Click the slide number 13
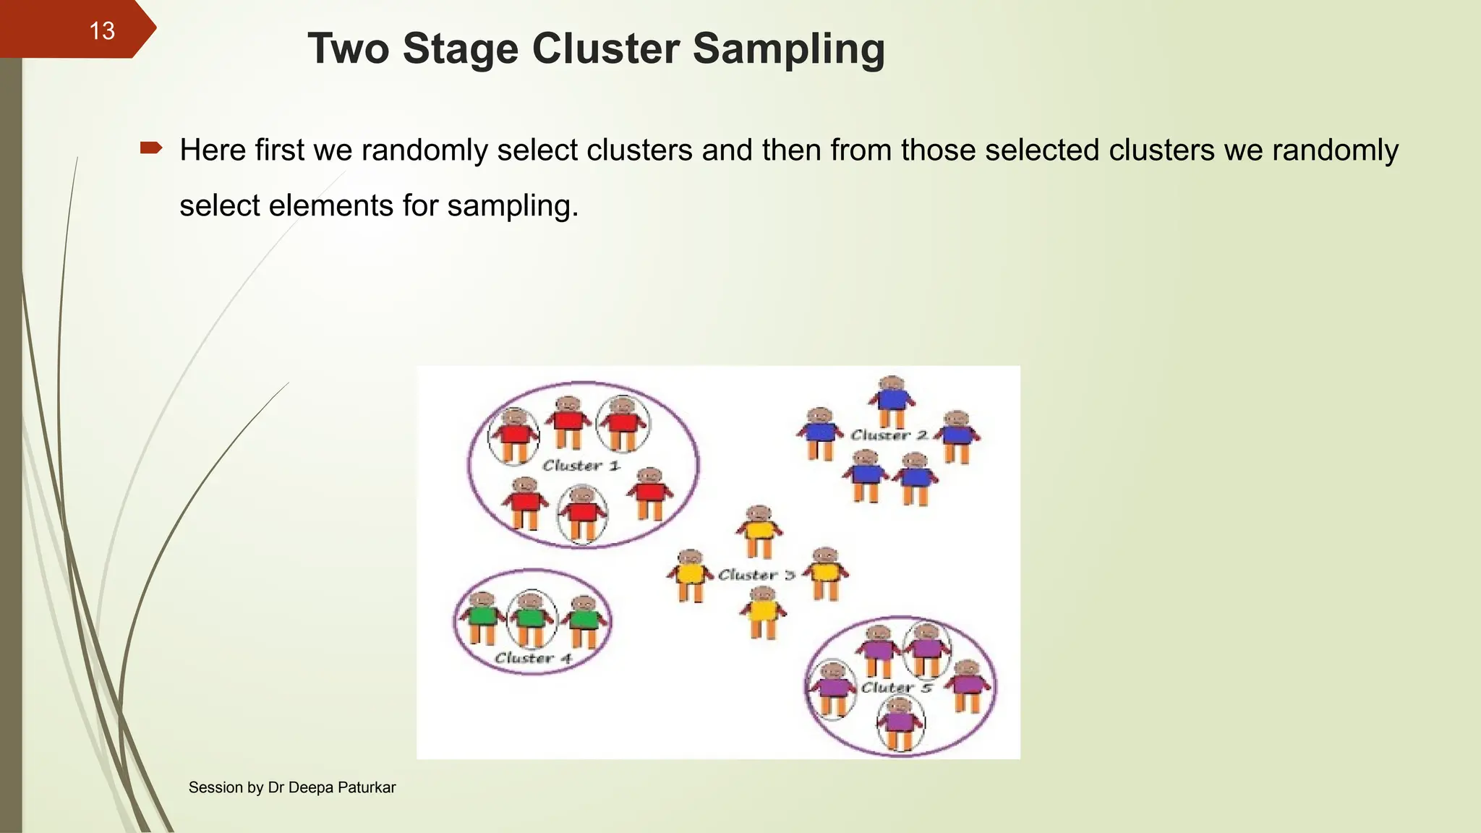pyautogui.click(x=102, y=31)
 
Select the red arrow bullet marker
pyautogui.click(x=151, y=149)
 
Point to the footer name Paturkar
pyautogui.click(x=367, y=787)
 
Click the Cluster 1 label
pyautogui.click(x=581, y=466)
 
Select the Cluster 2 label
pyautogui.click(x=889, y=435)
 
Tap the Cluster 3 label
pyautogui.click(x=756, y=575)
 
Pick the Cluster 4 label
pyautogui.click(x=533, y=658)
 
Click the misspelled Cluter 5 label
pyautogui.click(x=896, y=687)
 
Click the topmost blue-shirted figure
pyautogui.click(x=892, y=401)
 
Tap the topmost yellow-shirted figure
pyautogui.click(x=759, y=531)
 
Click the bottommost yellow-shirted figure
pyautogui.click(x=763, y=613)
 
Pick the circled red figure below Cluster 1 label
pyautogui.click(x=582, y=513)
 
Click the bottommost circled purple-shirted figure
pyautogui.click(x=900, y=723)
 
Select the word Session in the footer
pyautogui.click(x=215, y=787)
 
